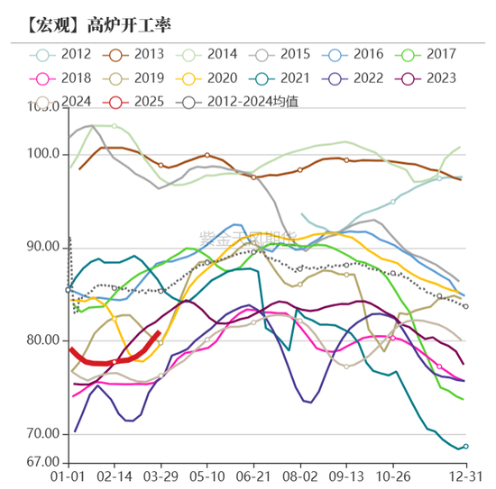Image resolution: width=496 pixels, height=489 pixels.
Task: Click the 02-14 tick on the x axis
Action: (x=115, y=474)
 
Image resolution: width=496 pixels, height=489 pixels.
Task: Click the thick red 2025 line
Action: (x=108, y=362)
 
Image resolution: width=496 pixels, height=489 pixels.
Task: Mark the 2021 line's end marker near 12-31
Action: (x=465, y=447)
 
